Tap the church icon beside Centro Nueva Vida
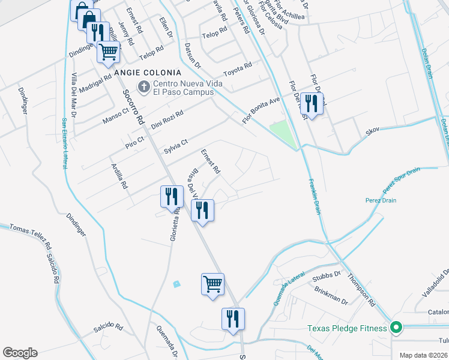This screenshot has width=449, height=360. click(143, 88)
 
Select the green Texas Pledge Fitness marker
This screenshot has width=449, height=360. click(396, 328)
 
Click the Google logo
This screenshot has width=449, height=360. click(20, 353)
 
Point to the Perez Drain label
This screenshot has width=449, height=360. click(381, 200)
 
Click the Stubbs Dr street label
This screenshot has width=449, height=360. click(327, 277)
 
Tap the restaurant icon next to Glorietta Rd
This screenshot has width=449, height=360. click(171, 195)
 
